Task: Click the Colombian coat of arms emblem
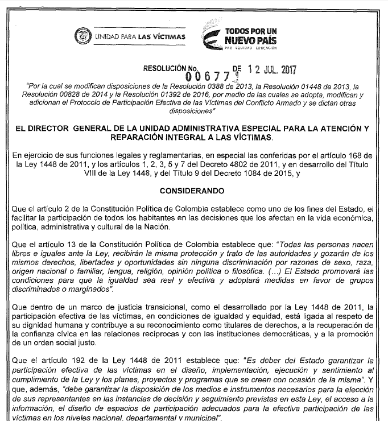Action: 82,37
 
